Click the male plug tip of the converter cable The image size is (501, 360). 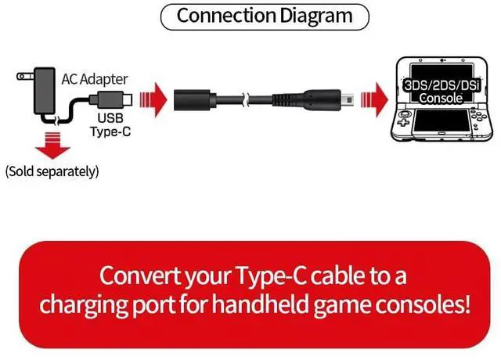pos(330,100)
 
